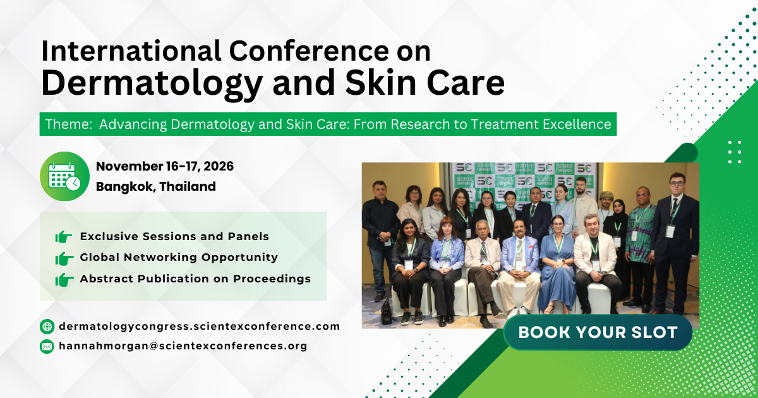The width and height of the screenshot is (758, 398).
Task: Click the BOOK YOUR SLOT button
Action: [598, 332]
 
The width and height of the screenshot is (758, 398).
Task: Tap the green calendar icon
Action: [64, 176]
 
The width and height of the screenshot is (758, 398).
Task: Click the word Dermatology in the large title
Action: [151, 83]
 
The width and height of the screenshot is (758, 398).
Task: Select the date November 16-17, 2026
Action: [165, 167]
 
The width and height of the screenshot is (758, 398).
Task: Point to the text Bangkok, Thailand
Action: [155, 186]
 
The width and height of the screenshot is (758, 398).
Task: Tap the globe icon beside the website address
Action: [47, 327]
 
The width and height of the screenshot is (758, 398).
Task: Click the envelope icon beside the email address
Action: [47, 346]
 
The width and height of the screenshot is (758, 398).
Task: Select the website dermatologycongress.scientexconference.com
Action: [199, 327]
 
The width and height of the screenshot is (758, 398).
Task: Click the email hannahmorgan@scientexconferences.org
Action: [183, 346]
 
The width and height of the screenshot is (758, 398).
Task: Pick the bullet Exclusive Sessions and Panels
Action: [174, 236]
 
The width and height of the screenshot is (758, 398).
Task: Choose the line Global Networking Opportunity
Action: [179, 257]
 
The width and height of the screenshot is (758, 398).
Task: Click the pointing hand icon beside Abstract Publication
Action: [64, 279]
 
